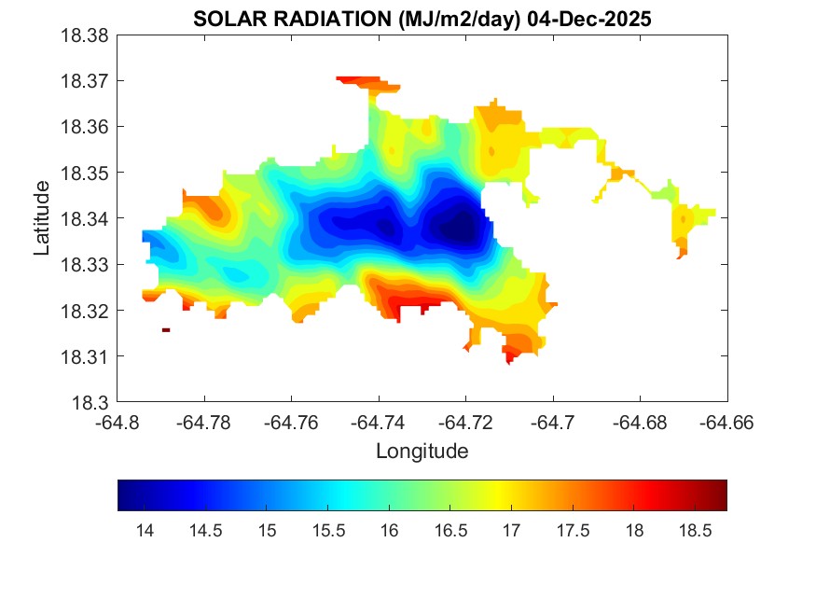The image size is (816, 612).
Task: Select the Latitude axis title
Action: coord(42,218)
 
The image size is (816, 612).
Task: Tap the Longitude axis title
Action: coord(422,452)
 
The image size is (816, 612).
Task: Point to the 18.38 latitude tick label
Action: coord(85,35)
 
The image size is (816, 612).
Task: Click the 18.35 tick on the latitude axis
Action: coord(85,173)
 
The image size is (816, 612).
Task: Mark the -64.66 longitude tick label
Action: coord(726,423)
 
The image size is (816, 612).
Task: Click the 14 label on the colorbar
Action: coord(145,531)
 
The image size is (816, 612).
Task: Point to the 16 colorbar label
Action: coord(389,531)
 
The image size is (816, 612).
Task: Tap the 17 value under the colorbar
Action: coord(511,531)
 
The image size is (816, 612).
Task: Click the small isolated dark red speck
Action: coord(166,329)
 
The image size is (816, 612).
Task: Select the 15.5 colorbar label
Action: coord(328,531)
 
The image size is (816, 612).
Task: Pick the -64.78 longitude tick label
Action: coord(205,423)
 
